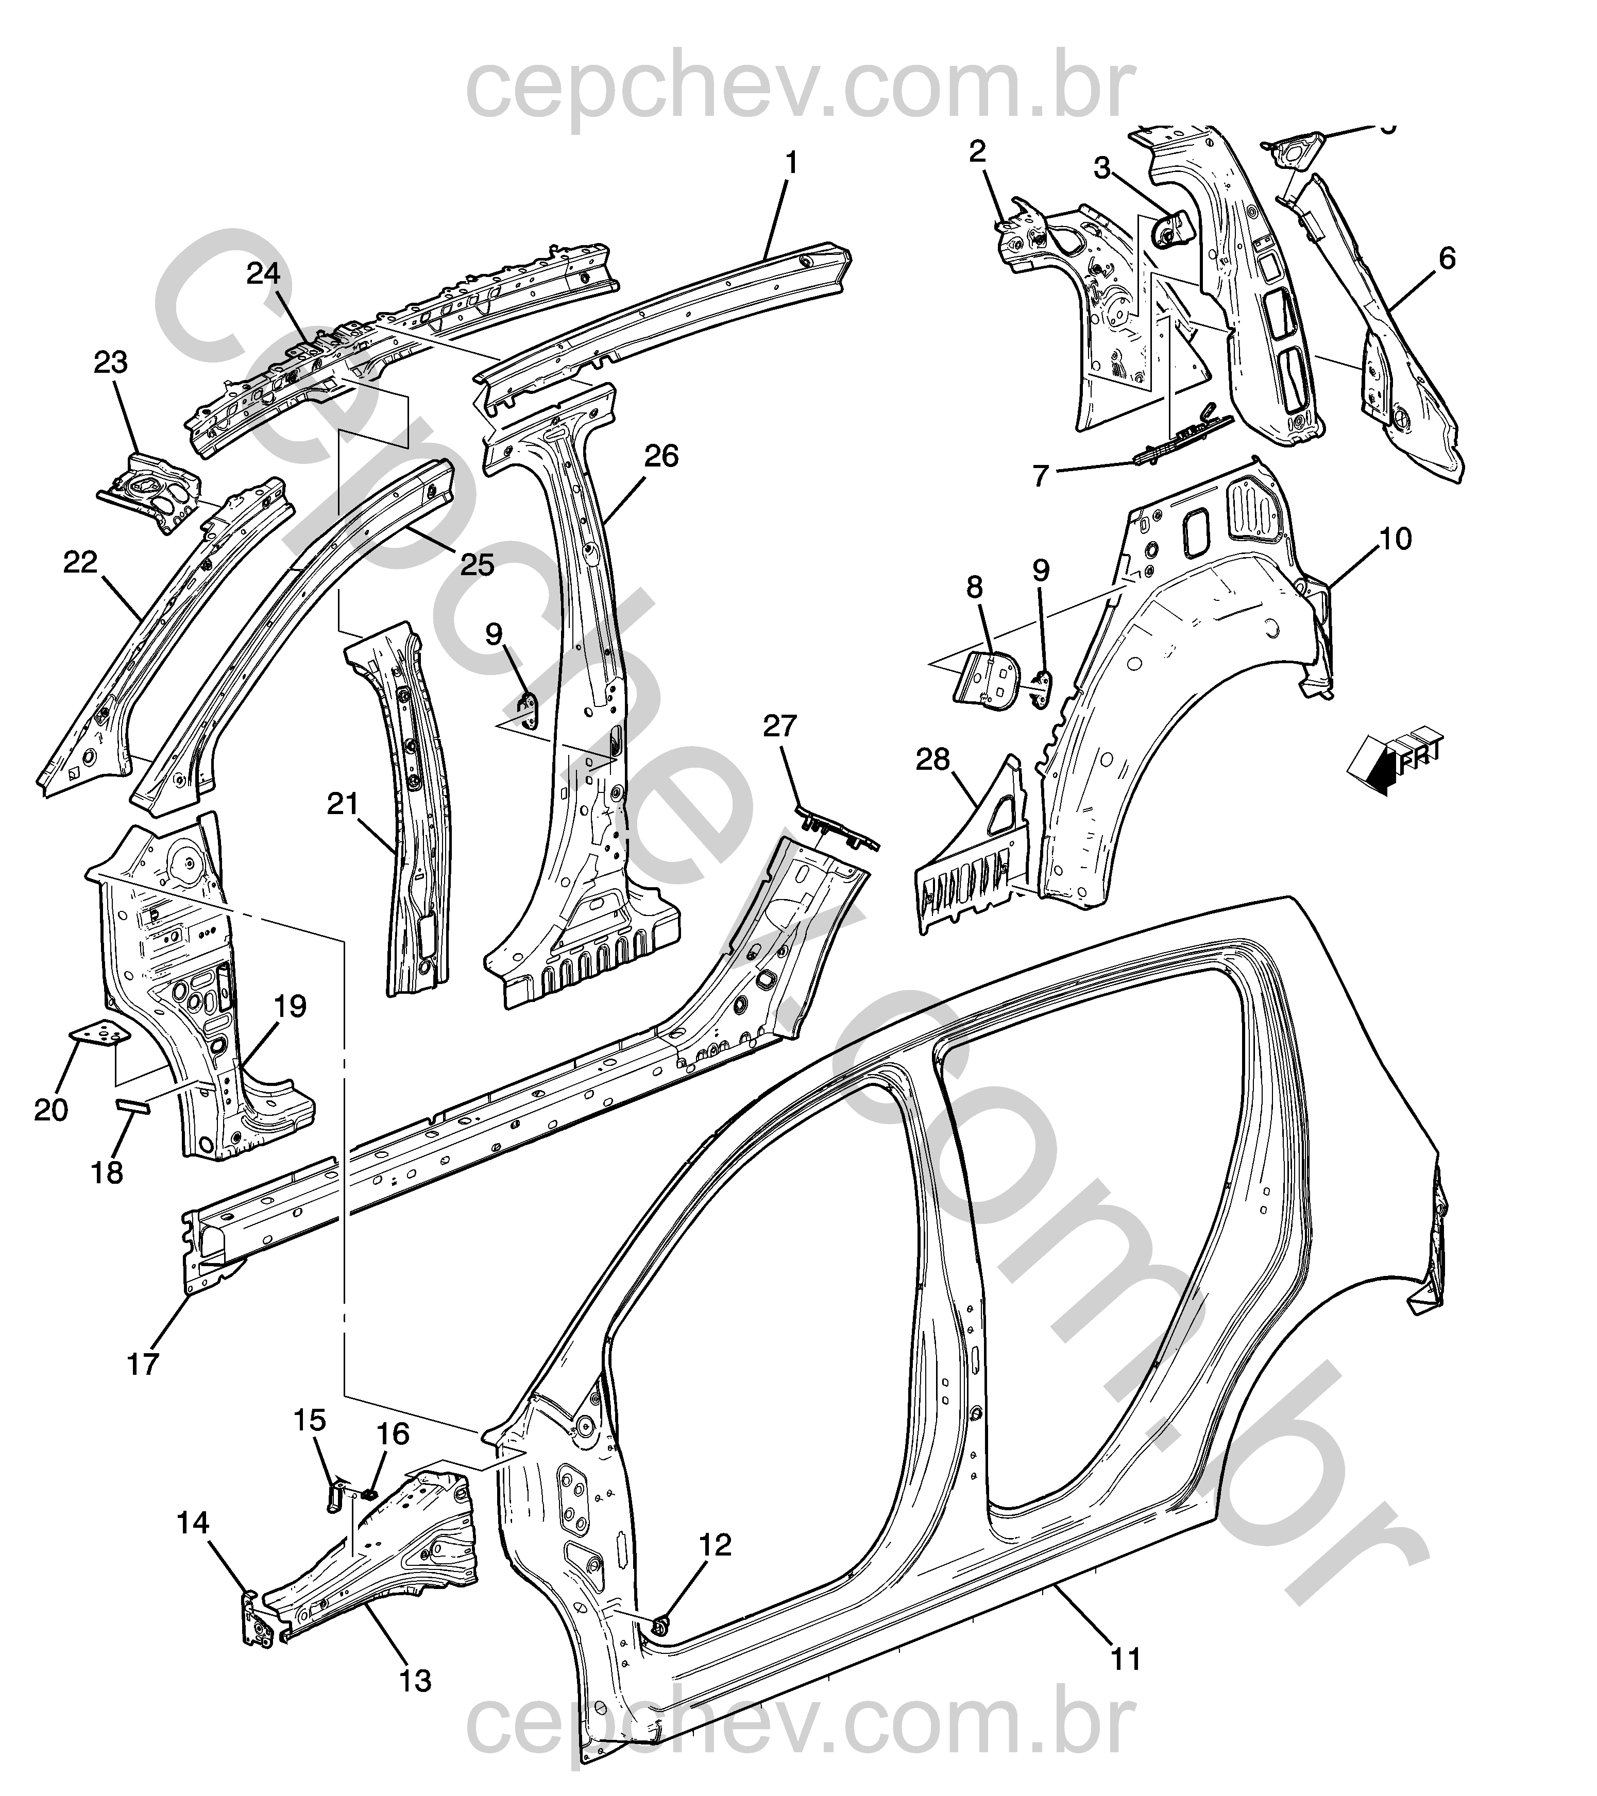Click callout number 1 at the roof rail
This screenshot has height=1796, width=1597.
pyautogui.click(x=791, y=163)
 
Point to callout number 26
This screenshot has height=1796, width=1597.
pyautogui.click(x=661, y=456)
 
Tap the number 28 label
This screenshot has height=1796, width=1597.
pyautogui.click(x=933, y=758)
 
